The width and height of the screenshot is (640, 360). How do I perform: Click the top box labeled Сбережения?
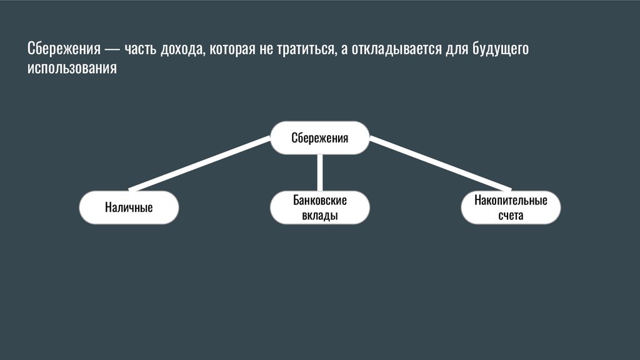click(x=319, y=137)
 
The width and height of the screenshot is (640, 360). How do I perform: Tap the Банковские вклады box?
click(x=319, y=207)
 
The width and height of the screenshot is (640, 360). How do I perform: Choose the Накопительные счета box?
click(x=511, y=207)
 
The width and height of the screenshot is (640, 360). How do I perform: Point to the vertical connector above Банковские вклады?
click(x=319, y=172)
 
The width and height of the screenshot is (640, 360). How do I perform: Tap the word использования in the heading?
click(x=72, y=67)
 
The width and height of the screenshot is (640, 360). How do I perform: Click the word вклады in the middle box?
click(x=319, y=216)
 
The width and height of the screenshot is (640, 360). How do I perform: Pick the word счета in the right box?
click(x=511, y=216)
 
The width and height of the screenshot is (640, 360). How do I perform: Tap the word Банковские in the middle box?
click(x=319, y=200)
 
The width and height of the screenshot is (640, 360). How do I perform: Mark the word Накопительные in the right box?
click(x=511, y=200)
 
